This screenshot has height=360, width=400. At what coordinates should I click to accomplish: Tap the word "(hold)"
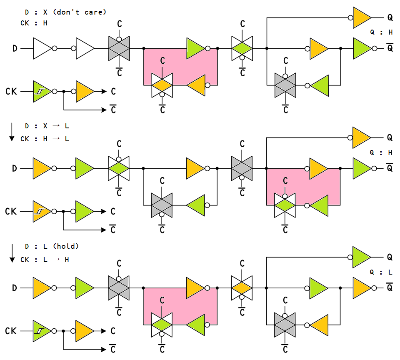pyautogui.click(x=66, y=246)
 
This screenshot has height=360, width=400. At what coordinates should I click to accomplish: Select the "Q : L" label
pyautogui.click(x=381, y=272)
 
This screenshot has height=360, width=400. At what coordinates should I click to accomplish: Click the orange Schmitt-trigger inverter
pyautogui.click(x=42, y=211)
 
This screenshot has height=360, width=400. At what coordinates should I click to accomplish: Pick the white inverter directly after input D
pyautogui.click(x=42, y=48)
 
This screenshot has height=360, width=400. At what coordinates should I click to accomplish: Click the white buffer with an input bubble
pyautogui.click(x=85, y=48)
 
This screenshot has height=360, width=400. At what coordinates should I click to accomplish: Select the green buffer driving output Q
pyautogui.click(x=361, y=257)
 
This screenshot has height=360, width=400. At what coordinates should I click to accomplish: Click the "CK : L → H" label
pyautogui.click(x=45, y=260)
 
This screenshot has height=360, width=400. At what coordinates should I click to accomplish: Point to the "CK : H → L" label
pyautogui.click(x=45, y=139)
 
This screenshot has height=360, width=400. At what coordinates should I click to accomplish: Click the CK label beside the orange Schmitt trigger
pyautogui.click(x=11, y=211)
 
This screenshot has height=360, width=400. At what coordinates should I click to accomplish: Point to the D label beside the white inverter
pyautogui.click(x=15, y=49)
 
